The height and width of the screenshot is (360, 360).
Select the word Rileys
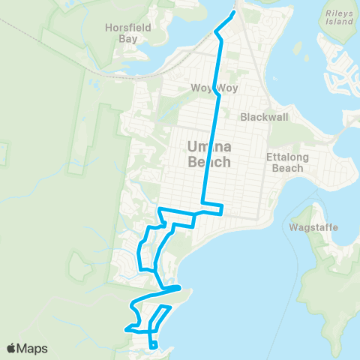click(338, 13)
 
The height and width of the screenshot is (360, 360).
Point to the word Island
click(338, 23)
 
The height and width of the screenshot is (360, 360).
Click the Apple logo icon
click(12, 348)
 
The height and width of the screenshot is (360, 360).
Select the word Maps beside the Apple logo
click(34, 348)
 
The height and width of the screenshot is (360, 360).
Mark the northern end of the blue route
click(235, 12)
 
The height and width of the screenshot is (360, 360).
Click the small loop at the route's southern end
click(154, 345)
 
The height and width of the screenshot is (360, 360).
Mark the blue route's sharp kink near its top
click(216, 32)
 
